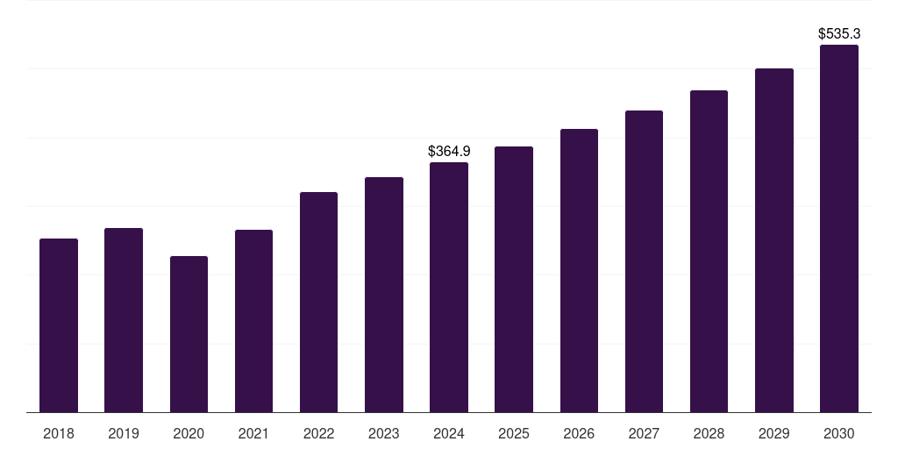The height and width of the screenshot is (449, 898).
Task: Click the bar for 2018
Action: [59, 325]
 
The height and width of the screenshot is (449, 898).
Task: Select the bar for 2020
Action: [189, 334]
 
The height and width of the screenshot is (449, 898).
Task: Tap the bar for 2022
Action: [318, 303]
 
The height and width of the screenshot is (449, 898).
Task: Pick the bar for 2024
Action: [449, 288]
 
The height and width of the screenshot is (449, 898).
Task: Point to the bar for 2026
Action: [579, 271]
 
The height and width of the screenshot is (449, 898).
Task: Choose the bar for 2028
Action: [709, 252]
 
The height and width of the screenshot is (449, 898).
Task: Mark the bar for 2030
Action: [839, 229]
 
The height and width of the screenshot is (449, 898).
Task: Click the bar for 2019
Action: [124, 320]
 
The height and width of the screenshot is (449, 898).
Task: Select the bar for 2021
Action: [253, 321]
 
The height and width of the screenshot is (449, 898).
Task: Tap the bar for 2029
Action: [774, 240]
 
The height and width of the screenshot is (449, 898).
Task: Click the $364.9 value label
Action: [449, 152]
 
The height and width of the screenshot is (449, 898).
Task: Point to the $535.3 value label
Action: [839, 34]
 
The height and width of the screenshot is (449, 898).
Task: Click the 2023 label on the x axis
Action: [384, 433]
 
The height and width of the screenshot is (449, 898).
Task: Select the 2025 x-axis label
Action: [514, 433]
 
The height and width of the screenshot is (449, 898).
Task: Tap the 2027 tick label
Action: [644, 433]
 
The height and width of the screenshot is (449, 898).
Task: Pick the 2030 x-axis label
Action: [839, 433]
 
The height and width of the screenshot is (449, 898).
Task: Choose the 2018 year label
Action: [59, 433]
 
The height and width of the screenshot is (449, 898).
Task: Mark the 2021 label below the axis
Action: [253, 433]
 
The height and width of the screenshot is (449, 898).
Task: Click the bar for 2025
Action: [514, 280]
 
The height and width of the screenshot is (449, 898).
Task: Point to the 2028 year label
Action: [709, 433]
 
